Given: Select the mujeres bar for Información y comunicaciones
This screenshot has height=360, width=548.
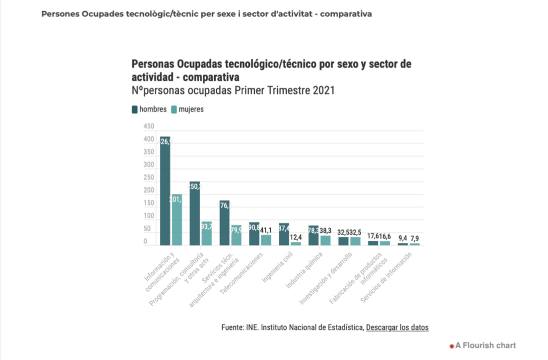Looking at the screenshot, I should [x=176, y=219].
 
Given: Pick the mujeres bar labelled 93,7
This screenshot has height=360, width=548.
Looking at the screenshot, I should [x=206, y=233].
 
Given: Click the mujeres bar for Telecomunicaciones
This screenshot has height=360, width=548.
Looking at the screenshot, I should [x=266, y=240].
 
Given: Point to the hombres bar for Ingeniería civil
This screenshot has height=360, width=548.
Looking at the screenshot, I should [x=284, y=234].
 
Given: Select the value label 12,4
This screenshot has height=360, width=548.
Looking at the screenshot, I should [x=296, y=236].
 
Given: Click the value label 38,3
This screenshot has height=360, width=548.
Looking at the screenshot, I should [x=326, y=230].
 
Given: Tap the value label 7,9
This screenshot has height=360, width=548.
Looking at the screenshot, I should [x=415, y=238].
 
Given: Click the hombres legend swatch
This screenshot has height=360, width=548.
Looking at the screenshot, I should [x=135, y=110].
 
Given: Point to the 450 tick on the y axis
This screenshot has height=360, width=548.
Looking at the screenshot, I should [x=148, y=126].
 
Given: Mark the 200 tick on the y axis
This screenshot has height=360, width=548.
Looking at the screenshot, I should [x=148, y=190].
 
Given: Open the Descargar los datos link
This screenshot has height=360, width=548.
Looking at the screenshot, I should [x=397, y=327].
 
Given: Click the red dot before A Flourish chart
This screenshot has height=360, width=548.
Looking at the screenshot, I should [x=452, y=346].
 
